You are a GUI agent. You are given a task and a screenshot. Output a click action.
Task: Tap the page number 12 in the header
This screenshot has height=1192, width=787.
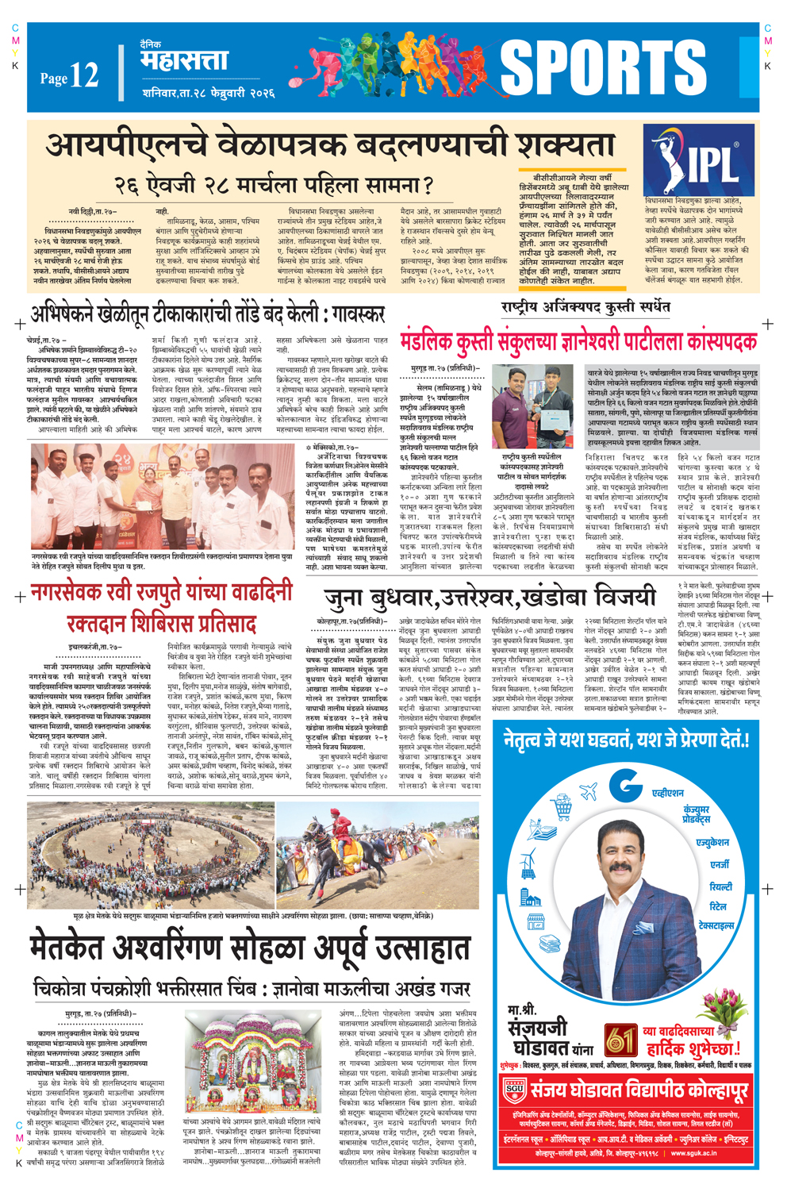point(83,75)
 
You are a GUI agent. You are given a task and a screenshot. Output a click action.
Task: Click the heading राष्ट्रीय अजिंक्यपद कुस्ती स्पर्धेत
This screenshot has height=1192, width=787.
point(585,306)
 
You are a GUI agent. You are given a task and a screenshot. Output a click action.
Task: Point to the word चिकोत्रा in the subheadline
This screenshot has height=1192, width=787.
point(67,989)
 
